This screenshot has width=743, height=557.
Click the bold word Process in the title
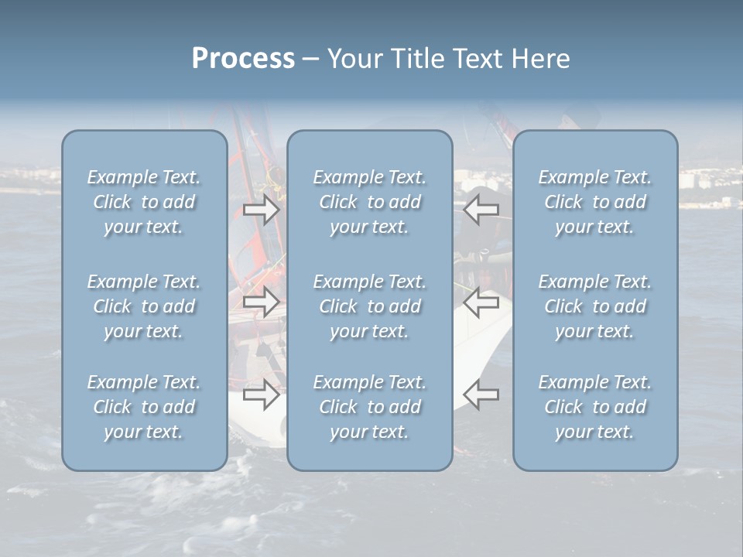pyautogui.click(x=243, y=59)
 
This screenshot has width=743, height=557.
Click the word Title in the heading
pyautogui.click(x=413, y=59)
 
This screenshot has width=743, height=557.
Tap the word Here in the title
pyautogui.click(x=540, y=59)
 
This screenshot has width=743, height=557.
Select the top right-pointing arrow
pyautogui.click(x=262, y=210)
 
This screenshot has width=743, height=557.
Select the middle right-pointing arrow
pyautogui.click(x=262, y=302)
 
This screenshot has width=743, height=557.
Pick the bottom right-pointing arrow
pyautogui.click(x=262, y=395)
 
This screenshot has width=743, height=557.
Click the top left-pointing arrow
pyautogui.click(x=481, y=210)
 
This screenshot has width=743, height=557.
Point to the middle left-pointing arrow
pyautogui.click(x=481, y=302)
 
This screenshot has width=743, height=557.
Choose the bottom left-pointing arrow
pyautogui.click(x=481, y=395)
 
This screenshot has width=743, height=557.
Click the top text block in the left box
pyautogui.click(x=144, y=202)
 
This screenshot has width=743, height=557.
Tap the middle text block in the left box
pyautogui.click(x=144, y=306)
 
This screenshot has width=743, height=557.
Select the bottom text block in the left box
pyautogui.click(x=144, y=407)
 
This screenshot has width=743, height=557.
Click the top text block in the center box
pyautogui.click(x=369, y=202)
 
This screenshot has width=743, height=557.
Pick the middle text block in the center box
pyautogui.click(x=369, y=306)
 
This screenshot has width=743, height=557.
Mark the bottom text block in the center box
pyautogui.click(x=369, y=407)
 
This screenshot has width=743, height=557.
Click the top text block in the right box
pyautogui.click(x=595, y=202)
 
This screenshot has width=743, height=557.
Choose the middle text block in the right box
pyautogui.click(x=595, y=306)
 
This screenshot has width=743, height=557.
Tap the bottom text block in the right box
pyautogui.click(x=595, y=407)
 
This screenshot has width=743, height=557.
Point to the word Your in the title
pyautogui.click(x=354, y=59)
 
